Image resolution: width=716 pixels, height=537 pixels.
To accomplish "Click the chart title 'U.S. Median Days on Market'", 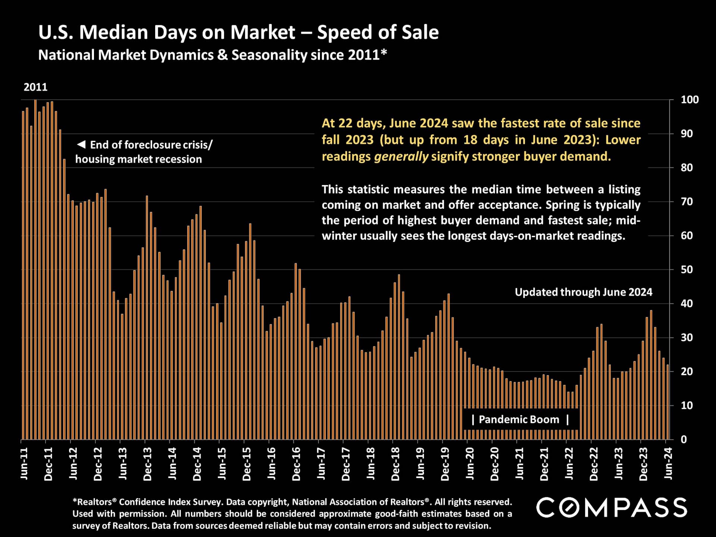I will coord(167,32).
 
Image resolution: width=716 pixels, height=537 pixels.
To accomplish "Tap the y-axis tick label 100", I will coord(690,100).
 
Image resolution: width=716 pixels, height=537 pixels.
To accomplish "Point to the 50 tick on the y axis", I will coord(687,270).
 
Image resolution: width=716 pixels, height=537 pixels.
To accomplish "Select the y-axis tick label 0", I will coord(684,440).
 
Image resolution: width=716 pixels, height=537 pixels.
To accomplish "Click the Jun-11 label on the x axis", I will coord(24,464).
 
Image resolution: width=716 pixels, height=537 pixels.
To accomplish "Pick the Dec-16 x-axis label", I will coord(296,464).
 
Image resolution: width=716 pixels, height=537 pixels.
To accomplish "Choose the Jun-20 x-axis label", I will coord(470,464).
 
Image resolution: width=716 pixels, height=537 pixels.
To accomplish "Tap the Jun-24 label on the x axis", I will coord(668,464).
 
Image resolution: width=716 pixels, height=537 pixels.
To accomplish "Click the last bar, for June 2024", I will coord(668,403).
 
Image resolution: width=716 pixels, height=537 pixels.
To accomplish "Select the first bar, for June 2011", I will coord(23,276).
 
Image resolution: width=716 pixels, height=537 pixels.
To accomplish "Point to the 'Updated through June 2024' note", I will coord(583,292).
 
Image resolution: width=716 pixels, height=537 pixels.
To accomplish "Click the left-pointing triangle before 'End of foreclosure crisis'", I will coord(81,144).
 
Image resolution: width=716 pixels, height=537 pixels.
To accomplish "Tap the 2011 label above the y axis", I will coord(35,87).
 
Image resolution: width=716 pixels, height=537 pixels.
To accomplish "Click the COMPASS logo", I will coord(612,508).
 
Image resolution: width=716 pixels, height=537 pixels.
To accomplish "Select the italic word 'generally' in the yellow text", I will coord(401,156).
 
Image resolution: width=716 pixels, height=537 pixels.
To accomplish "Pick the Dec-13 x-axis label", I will coord(148,464).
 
